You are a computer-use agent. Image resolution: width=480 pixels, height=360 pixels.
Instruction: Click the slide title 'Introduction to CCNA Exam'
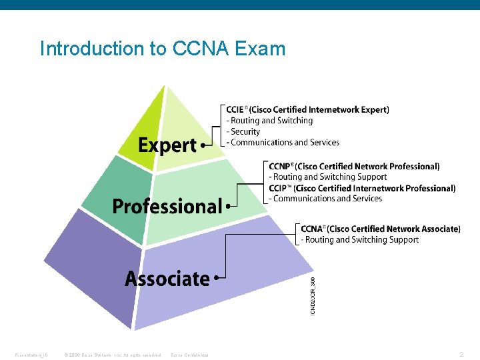[162, 49]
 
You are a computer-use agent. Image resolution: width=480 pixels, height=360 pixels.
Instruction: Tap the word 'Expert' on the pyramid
[167, 145]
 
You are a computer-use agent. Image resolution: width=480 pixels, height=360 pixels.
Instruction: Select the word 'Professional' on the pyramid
[167, 207]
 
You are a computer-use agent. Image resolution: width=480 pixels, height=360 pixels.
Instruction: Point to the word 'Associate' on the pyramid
[167, 278]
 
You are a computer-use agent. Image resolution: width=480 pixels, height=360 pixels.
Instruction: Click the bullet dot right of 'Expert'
[203, 145]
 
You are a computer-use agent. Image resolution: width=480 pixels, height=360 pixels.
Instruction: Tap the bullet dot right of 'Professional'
[227, 207]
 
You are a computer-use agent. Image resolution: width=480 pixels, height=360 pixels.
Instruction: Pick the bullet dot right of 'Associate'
[216, 278]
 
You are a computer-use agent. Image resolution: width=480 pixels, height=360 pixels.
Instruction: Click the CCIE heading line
[307, 109]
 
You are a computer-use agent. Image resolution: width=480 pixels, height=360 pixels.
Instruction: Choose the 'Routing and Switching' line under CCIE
[270, 121]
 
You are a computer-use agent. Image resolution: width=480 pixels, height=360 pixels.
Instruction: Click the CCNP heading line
[354, 166]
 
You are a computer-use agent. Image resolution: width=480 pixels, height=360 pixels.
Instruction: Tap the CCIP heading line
[362, 188]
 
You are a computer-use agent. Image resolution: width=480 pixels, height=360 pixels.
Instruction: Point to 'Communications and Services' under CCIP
[325, 199]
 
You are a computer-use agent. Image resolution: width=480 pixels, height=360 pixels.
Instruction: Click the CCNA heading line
[380, 229]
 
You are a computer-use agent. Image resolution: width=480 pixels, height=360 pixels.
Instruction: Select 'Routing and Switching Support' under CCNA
[360, 239]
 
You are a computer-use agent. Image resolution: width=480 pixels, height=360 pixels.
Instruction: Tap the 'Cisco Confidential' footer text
[189, 355]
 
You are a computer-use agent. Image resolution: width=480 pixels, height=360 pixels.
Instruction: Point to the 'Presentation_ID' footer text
[31, 355]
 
